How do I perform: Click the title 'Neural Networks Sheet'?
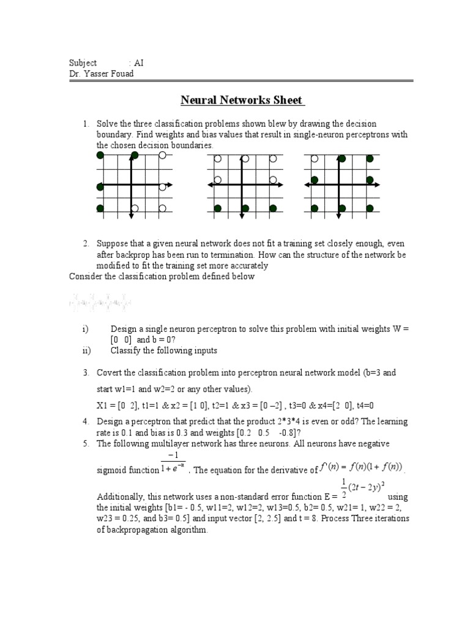(x=242, y=100)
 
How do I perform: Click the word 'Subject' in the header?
(x=83, y=63)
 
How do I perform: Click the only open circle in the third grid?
(x=315, y=159)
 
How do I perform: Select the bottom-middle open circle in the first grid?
(x=134, y=209)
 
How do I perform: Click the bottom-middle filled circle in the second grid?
(x=245, y=209)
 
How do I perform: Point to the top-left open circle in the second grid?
(x=217, y=159)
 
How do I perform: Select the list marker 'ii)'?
(x=86, y=350)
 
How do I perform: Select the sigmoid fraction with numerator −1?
(x=174, y=464)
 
